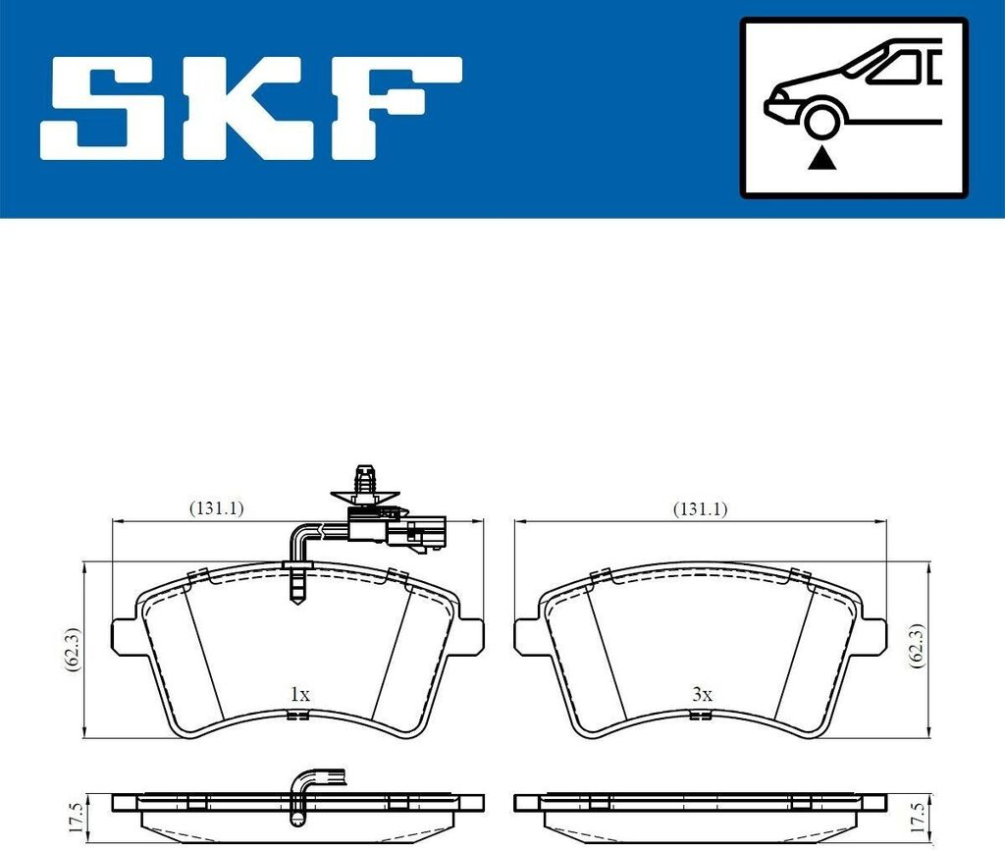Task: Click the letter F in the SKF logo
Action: (x=396, y=108)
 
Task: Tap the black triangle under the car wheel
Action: (x=821, y=158)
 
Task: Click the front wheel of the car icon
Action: (x=822, y=121)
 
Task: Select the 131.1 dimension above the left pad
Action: (x=216, y=508)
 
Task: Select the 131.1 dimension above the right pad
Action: (x=700, y=509)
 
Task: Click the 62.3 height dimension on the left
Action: (x=73, y=650)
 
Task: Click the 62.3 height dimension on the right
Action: (x=918, y=646)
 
